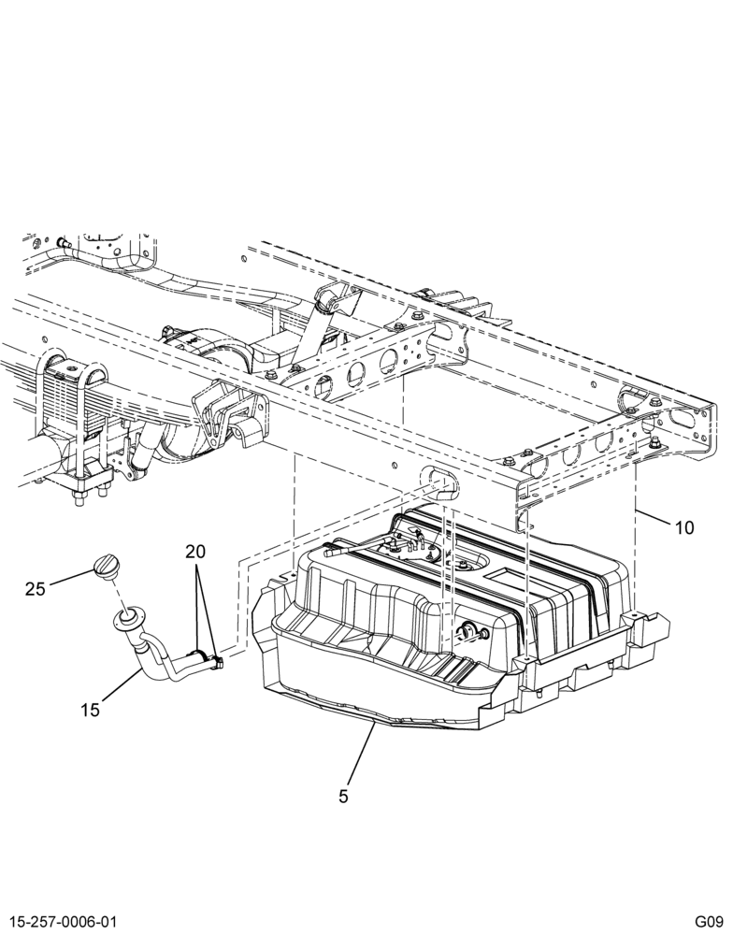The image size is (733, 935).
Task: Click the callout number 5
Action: coord(343,796)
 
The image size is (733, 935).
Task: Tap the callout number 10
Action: coord(684,527)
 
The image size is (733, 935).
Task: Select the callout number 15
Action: coord(90,711)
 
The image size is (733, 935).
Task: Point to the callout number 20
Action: coord(195,552)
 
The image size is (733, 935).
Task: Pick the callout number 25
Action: coord(36,589)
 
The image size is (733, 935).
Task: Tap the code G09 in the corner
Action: coord(709,921)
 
